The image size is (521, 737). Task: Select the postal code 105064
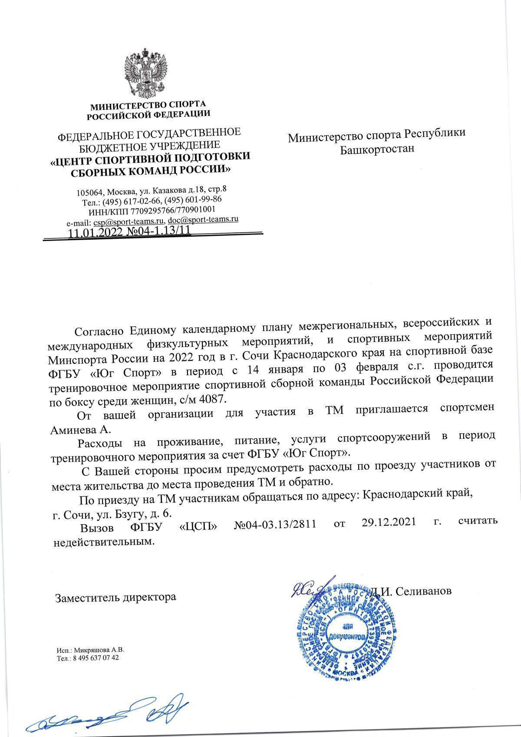(x=90, y=192)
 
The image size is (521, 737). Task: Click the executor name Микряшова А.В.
(x=99, y=651)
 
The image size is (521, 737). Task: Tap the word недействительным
(x=103, y=542)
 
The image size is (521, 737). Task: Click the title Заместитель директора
(x=115, y=597)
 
